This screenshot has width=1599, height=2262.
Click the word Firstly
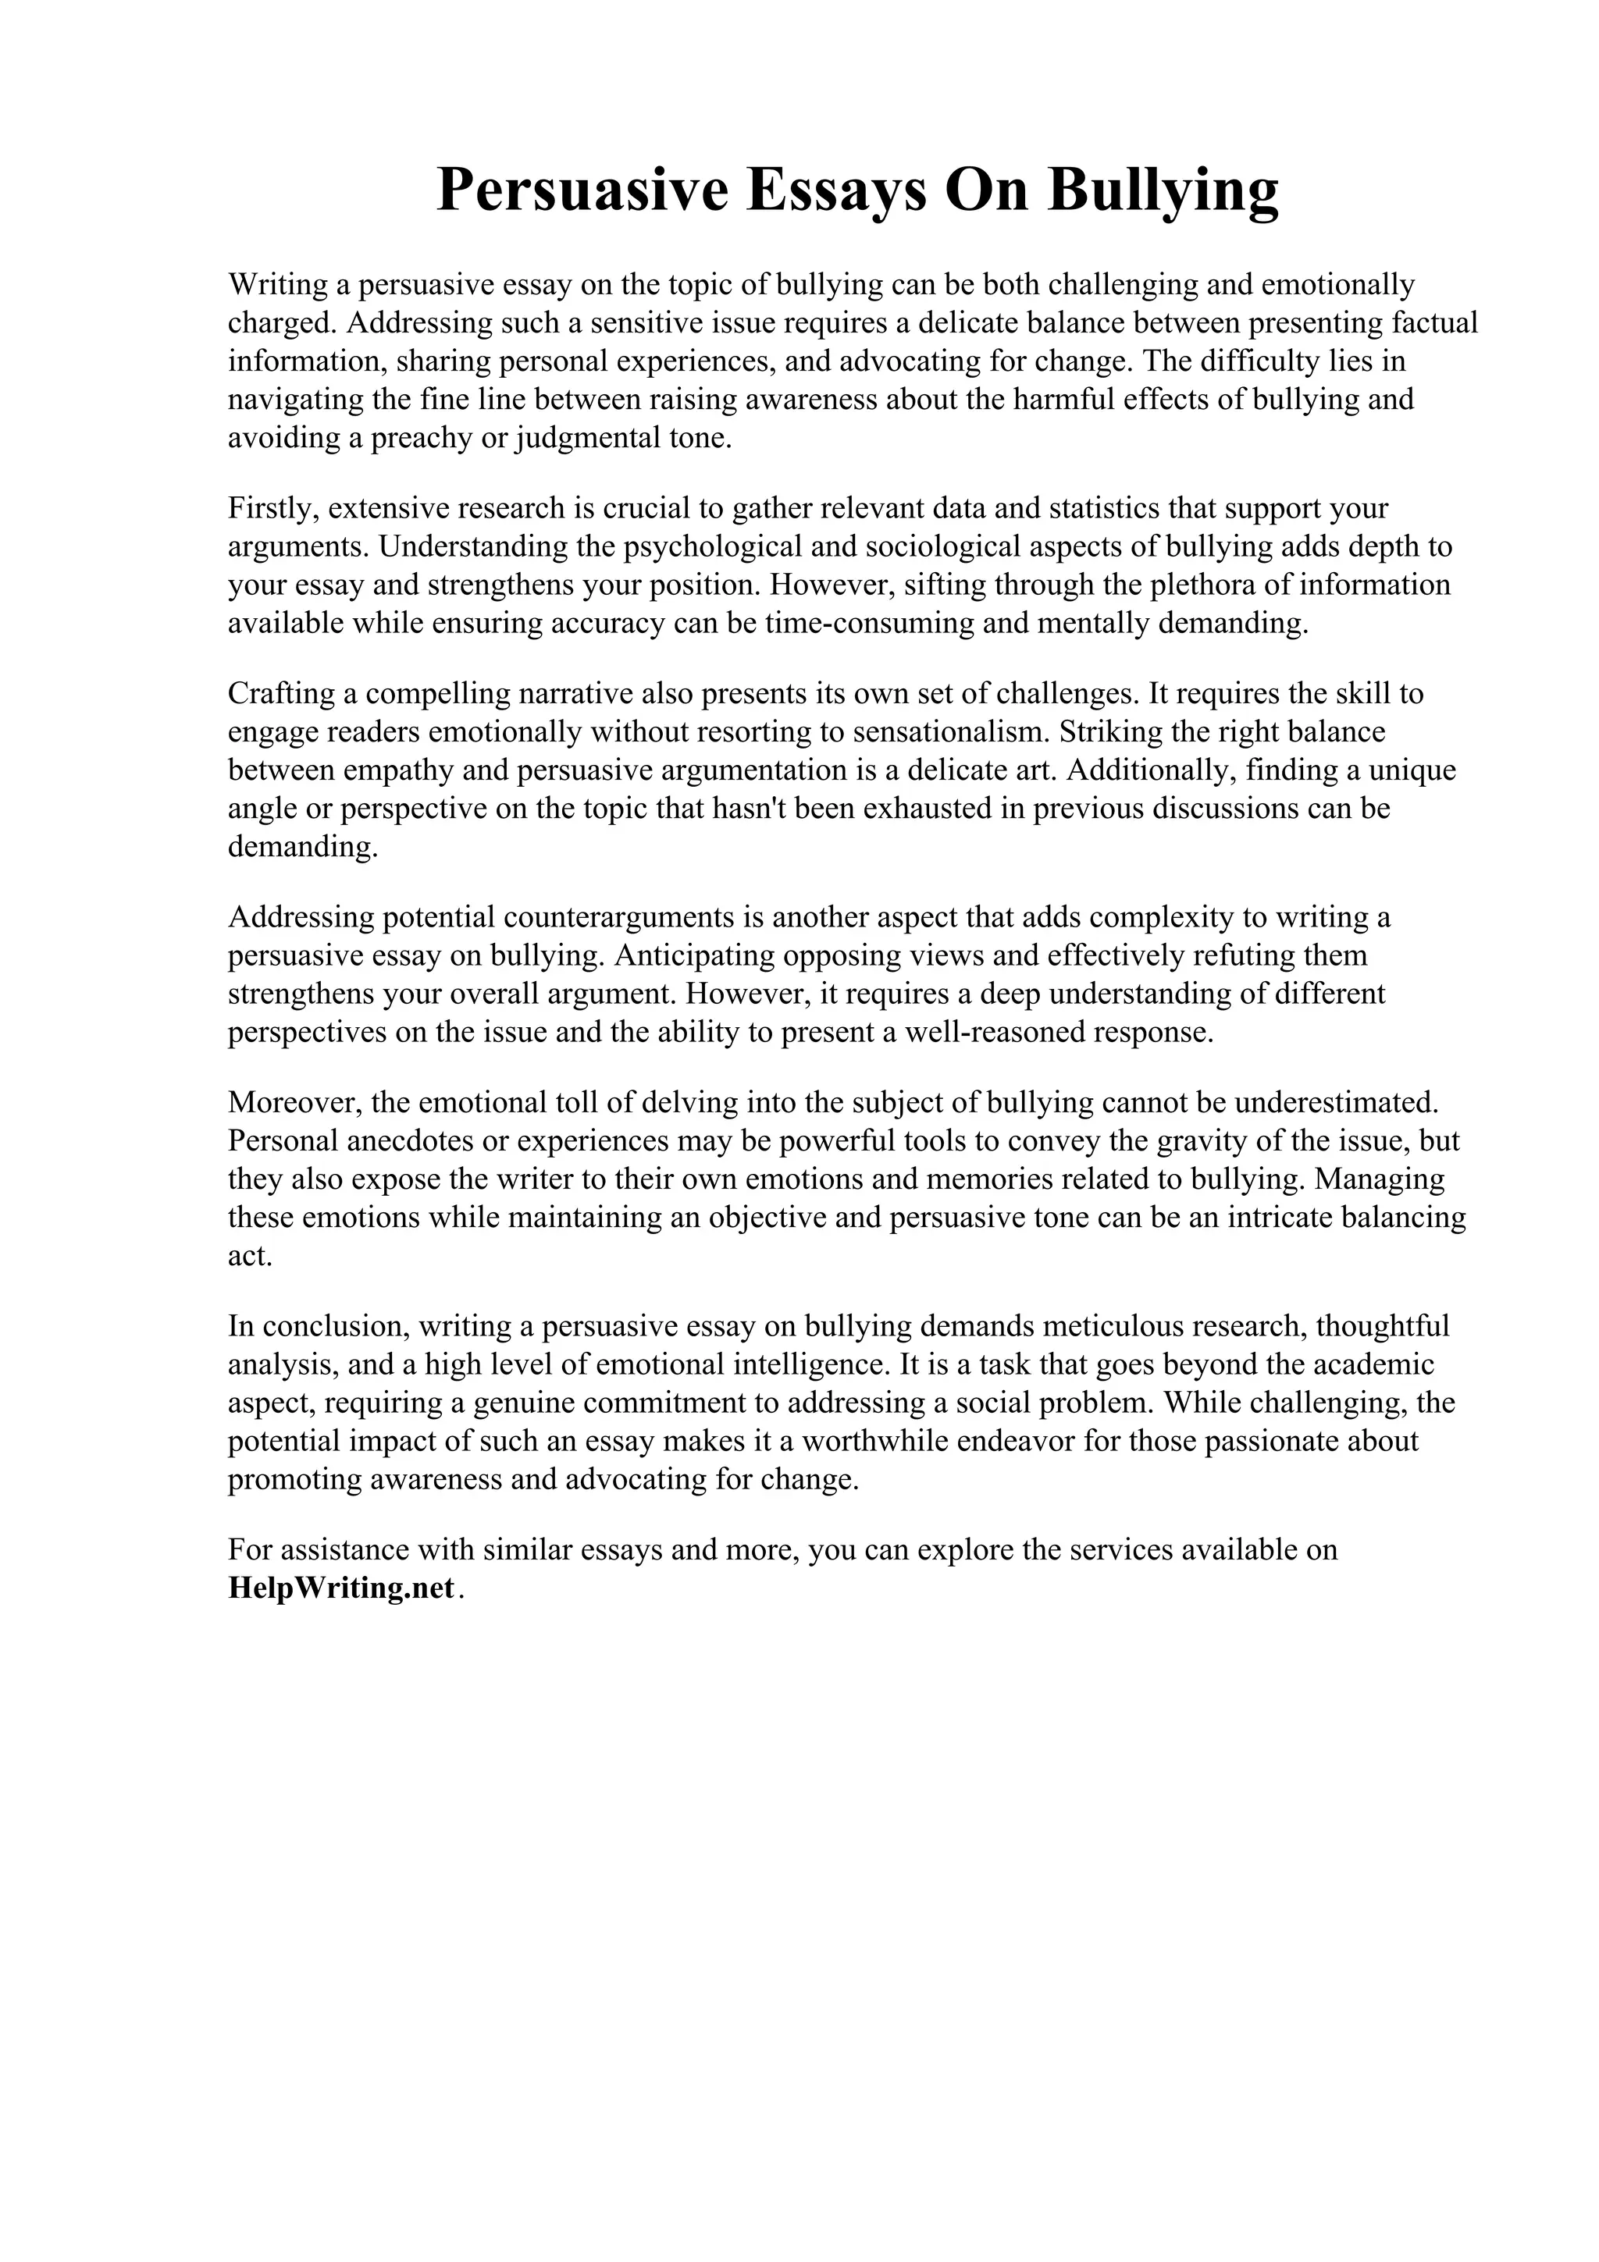pyautogui.click(x=273, y=508)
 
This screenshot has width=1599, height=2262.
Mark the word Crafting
pyautogui.click(x=281, y=694)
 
